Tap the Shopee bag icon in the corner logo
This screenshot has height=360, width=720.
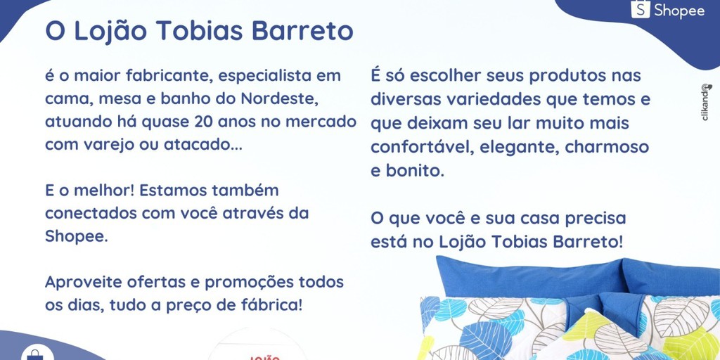click(x=640, y=9)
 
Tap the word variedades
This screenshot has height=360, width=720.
click(x=489, y=99)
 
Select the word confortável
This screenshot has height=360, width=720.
click(x=415, y=147)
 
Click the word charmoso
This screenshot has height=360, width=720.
click(x=607, y=147)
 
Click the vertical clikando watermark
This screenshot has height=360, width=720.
click(x=706, y=102)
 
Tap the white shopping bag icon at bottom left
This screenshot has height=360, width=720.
click(x=36, y=354)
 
